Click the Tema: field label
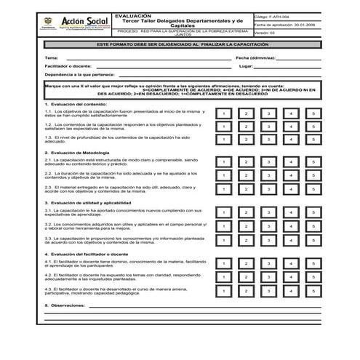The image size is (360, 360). click(x=51, y=57)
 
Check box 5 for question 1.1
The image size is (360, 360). click(x=313, y=114)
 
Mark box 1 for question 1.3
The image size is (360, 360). click(x=224, y=139)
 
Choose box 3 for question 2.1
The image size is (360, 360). click(x=268, y=162)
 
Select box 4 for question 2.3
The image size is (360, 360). click(x=291, y=188)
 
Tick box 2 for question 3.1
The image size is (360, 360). click(x=246, y=212)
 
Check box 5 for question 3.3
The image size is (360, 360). click(x=313, y=239)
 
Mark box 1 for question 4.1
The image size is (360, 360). click(x=224, y=263)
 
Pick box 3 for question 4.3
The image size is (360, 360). click(x=268, y=290)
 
